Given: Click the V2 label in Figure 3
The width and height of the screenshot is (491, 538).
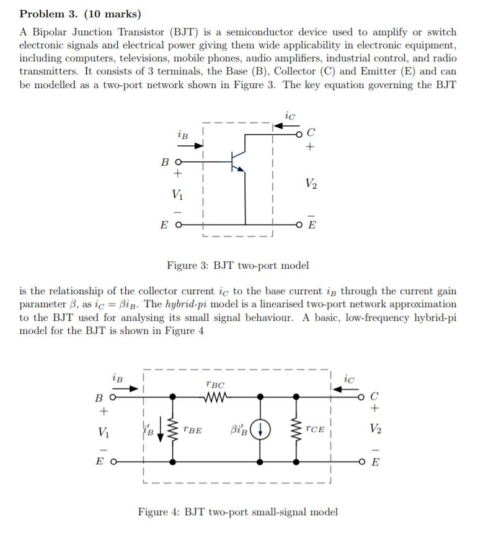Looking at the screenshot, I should pos(312,184).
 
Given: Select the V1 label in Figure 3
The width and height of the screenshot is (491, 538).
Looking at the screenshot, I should pos(178,193).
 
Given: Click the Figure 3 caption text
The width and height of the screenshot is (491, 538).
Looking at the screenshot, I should pos(237,266).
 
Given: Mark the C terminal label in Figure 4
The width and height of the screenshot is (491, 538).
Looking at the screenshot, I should pos(373,396).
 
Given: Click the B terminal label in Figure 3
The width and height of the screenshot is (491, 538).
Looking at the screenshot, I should pos(164,162).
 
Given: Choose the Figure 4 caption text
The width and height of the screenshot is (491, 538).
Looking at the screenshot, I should pos(237,512).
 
